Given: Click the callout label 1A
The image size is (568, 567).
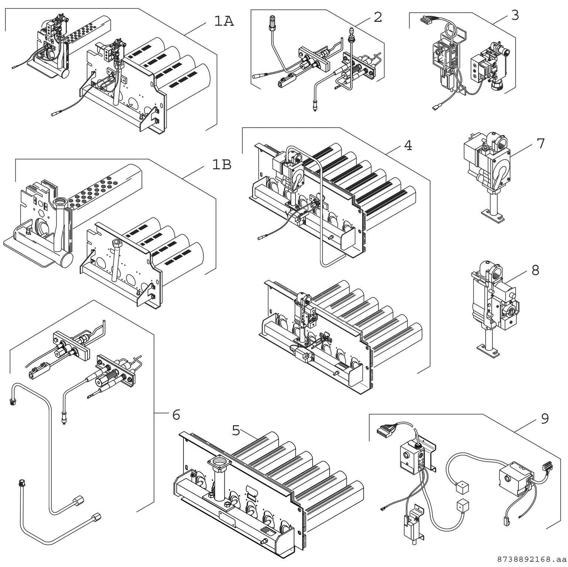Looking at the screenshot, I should (x=224, y=21).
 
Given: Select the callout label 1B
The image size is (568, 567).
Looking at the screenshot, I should (x=221, y=165).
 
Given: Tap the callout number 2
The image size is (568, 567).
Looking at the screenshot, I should (x=378, y=17).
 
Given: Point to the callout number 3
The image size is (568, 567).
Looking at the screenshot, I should (x=515, y=15).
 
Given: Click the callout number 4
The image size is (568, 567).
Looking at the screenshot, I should (x=407, y=145).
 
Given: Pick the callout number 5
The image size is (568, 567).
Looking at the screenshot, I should (x=236, y=430).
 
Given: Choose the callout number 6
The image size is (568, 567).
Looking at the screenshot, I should (x=176, y=415).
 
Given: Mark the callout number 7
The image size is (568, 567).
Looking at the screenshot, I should (x=540, y=144).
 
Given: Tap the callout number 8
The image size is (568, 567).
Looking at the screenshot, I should (x=535, y=271).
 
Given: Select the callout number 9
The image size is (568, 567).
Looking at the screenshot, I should (x=544, y=419).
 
